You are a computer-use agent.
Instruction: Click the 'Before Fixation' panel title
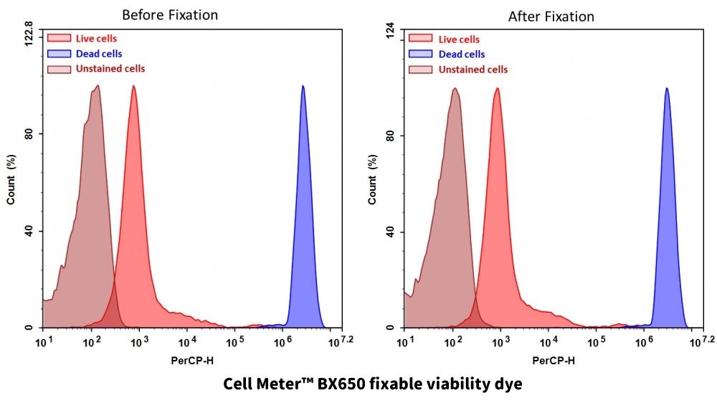(170, 15)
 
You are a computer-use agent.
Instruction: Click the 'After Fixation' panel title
(551, 16)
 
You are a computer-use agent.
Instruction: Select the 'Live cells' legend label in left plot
(96, 39)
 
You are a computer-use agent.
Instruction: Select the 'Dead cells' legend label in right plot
(462, 54)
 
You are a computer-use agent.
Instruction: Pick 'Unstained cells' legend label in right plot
(473, 70)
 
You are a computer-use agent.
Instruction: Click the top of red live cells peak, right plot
(496, 90)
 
